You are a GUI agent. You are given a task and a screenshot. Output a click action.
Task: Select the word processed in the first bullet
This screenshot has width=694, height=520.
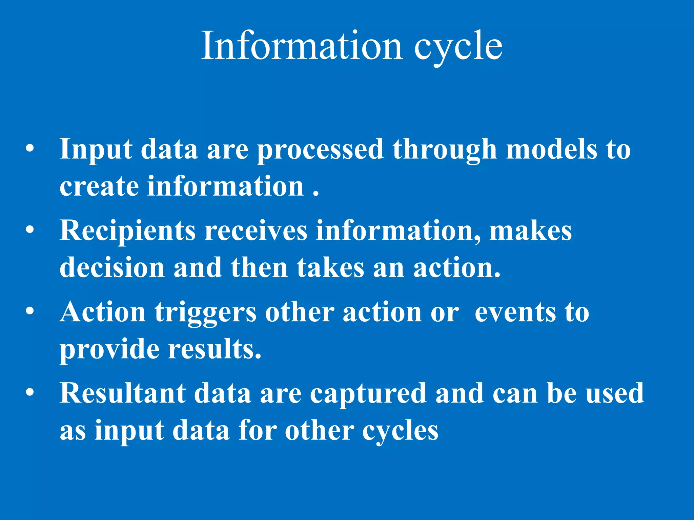320,150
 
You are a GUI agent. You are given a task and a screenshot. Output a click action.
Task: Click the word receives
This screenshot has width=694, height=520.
256,231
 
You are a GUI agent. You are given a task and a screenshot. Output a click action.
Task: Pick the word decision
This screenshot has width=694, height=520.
112,267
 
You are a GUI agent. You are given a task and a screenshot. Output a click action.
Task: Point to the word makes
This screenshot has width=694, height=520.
531,231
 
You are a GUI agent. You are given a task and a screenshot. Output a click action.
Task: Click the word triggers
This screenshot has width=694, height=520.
205,312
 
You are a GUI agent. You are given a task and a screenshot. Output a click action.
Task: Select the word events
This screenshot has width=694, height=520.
515,312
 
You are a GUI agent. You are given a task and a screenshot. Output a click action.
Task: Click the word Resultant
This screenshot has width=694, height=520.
122,393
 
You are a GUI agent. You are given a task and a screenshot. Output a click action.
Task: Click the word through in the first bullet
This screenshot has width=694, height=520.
445,150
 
